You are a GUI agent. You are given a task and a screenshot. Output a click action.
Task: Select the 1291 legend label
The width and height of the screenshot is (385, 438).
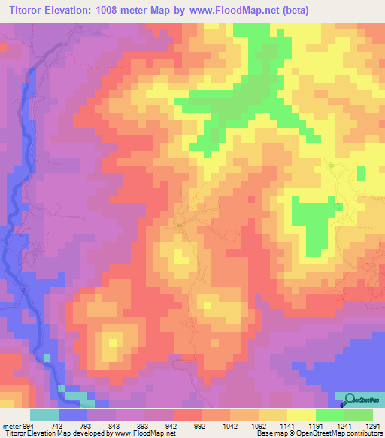pos(373,426)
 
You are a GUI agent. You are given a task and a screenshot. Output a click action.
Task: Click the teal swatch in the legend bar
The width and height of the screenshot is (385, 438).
pos(44,415)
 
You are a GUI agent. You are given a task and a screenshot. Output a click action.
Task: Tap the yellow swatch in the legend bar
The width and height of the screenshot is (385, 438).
pos(301,415)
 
